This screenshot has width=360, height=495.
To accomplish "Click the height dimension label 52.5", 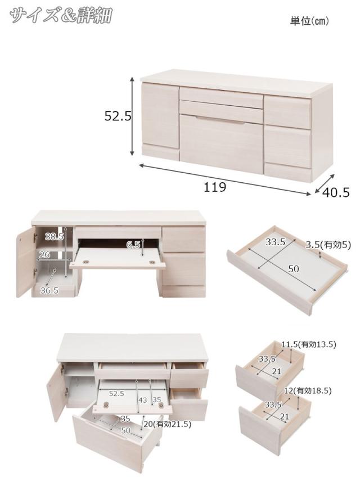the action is pos(118,116).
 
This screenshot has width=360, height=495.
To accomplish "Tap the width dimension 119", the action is pos(215,187).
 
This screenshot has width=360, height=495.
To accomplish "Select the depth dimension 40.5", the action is pos(336,192).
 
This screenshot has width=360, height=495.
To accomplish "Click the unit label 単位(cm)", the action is pos(309,21).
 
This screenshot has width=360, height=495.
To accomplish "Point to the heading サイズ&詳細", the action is pos(61,15).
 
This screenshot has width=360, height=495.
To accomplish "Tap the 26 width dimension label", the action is pos(44,254).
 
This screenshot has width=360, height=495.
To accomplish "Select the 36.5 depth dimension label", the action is pos(49,290).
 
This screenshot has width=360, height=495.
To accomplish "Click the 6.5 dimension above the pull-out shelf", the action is pos(133,244).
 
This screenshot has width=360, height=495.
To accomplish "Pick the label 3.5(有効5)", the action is pos(328,245).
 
